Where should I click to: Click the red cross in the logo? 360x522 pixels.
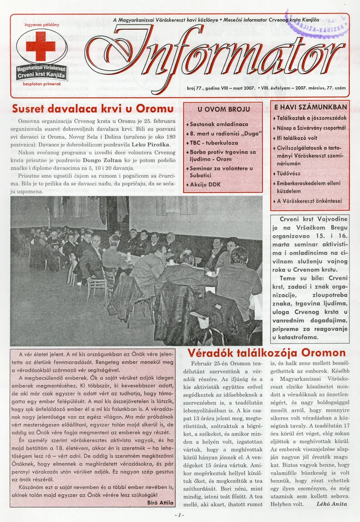(x=41, y=46)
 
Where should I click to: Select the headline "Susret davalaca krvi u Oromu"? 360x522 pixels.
(x=93, y=109)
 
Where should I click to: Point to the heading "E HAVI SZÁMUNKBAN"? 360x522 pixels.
(x=310, y=107)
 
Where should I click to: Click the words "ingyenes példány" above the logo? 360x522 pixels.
(x=42, y=25)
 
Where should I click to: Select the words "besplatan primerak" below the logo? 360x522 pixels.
(x=41, y=84)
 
